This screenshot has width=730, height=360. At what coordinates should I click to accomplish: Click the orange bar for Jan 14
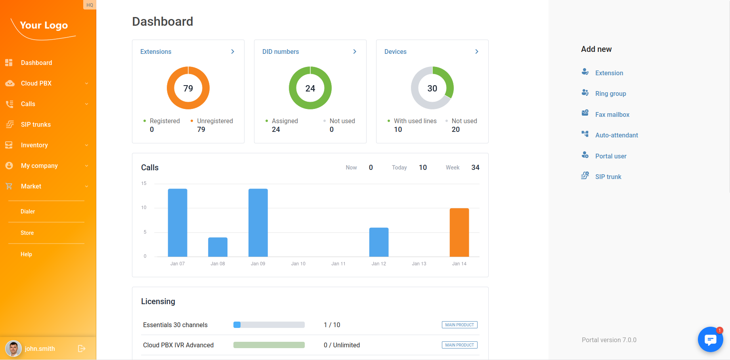point(459,232)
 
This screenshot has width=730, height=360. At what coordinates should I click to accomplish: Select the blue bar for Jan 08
point(218,247)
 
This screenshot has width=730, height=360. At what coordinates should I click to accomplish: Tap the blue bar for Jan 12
point(379,242)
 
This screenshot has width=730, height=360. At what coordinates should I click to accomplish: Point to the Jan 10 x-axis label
point(298,264)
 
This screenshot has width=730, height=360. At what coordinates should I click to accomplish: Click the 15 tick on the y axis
point(144,183)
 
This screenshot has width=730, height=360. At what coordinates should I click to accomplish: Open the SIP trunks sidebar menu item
point(36,124)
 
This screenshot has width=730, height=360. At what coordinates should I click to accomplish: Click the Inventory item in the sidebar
point(34,145)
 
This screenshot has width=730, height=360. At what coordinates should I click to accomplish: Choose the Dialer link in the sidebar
point(28,211)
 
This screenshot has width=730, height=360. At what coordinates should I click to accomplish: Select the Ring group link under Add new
point(610,93)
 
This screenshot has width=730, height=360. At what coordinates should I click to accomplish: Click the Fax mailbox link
point(612,114)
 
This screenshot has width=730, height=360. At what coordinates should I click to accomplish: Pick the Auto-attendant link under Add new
point(616,135)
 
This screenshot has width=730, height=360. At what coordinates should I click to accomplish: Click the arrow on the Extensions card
point(233,51)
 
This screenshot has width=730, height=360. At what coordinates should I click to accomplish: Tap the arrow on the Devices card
point(477,51)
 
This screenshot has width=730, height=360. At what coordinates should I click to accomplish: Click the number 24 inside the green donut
point(310,88)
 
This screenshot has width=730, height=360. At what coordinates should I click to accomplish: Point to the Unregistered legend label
point(215,121)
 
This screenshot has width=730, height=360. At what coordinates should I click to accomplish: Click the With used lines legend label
point(415,121)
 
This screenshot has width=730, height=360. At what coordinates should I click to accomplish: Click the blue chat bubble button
point(710,339)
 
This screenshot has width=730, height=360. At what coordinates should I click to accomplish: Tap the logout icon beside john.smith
point(82,349)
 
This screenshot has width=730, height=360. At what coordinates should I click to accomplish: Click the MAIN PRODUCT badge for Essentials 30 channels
point(459,325)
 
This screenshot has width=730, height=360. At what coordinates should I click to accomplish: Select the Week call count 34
point(475,168)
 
